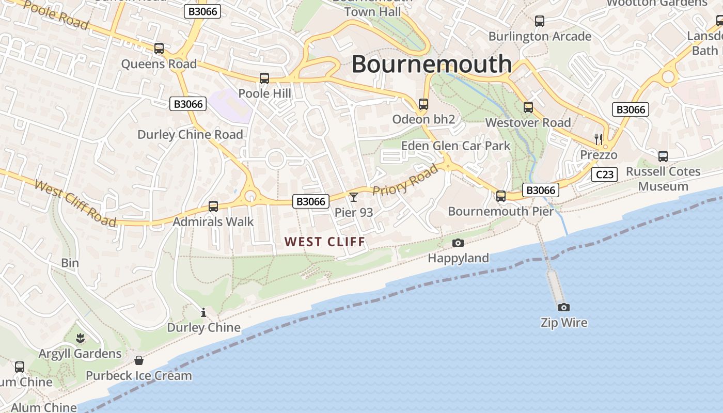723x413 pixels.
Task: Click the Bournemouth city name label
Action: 432,65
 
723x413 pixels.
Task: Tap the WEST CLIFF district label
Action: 325,242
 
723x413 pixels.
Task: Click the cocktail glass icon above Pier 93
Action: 354,197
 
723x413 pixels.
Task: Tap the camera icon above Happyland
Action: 458,243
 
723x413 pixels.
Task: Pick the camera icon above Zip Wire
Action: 564,307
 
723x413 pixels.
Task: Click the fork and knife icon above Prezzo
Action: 599,138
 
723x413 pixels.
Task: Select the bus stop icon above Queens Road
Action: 159,49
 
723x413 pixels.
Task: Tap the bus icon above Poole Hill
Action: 264,78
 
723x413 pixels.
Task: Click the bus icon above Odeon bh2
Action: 423,104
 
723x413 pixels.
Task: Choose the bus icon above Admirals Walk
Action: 213,206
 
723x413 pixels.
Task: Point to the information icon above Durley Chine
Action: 203,312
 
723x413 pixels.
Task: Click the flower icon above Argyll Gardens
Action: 80,339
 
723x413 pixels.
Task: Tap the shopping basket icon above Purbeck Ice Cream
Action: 139,360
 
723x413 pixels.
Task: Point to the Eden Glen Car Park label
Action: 455,146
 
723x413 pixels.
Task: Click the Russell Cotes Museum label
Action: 663,179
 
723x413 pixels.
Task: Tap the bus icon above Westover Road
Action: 528,107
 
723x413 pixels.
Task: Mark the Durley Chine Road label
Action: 190,135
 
